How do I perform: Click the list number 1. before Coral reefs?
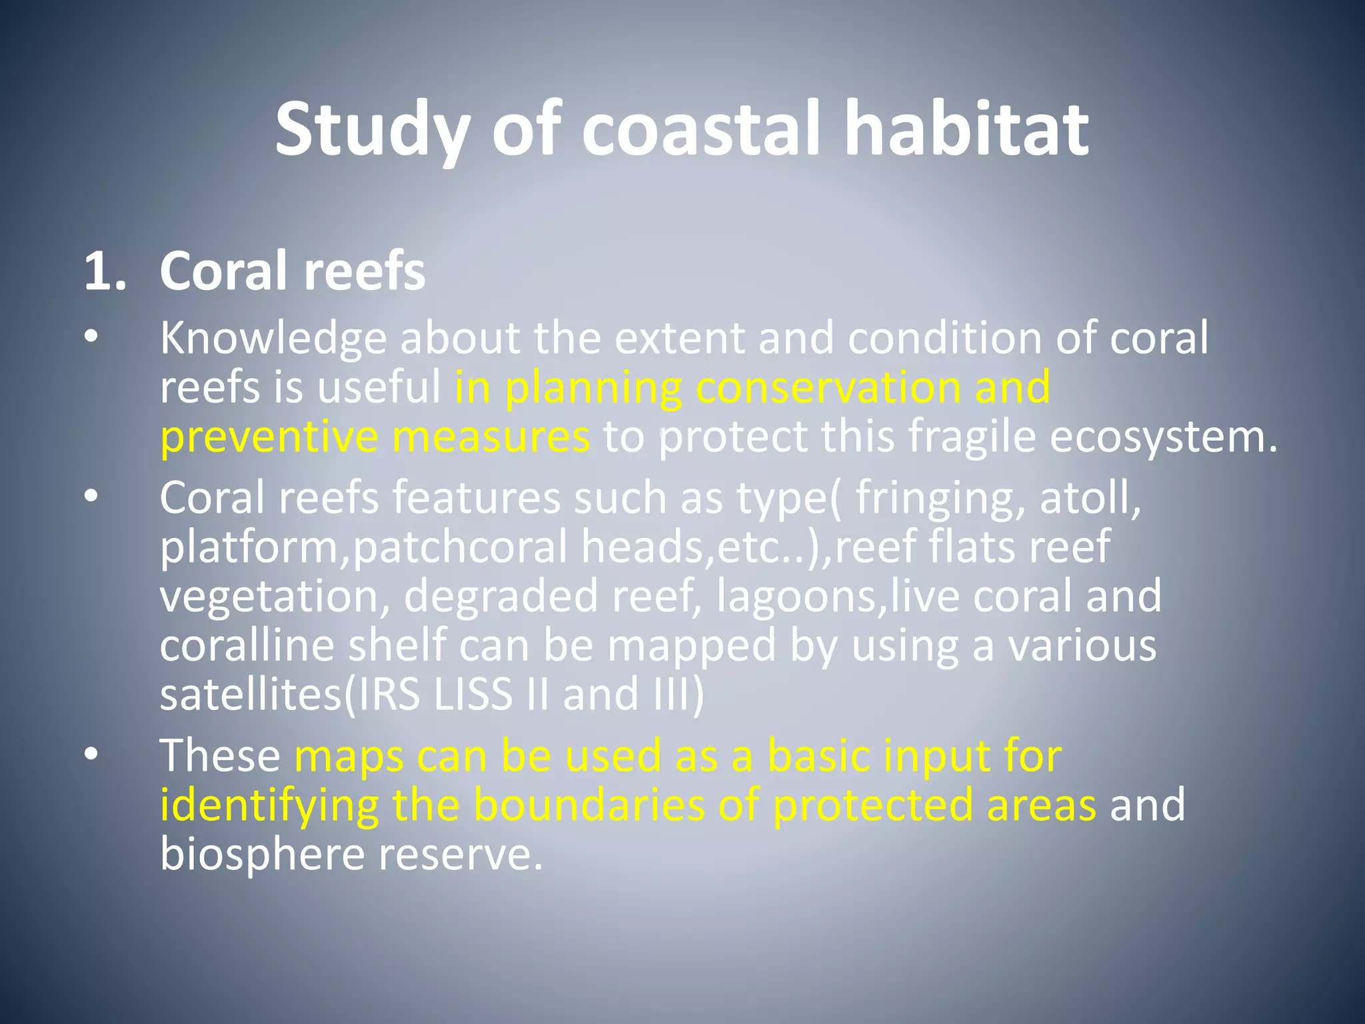click(105, 272)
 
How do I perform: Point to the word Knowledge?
click(273, 339)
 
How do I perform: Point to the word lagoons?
click(796, 597)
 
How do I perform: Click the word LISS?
click(472, 695)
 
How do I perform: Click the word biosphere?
click(262, 855)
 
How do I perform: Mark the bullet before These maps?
click(91, 755)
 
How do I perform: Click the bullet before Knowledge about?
click(91, 337)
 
